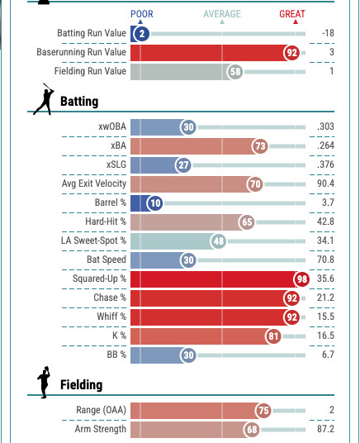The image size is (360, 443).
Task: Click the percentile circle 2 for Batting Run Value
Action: click(142, 34)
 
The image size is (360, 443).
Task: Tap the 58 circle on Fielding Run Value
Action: click(235, 72)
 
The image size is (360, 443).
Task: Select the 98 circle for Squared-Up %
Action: click(301, 279)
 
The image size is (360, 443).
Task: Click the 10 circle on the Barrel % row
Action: click(155, 202)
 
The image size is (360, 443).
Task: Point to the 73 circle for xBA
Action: click(260, 146)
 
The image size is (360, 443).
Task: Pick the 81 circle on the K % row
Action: click(273, 336)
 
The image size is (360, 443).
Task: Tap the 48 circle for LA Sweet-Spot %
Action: click(219, 241)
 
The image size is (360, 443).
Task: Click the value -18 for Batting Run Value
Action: click(328, 33)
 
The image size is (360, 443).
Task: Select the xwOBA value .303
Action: click(325, 126)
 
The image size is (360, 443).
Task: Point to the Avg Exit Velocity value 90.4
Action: click(325, 183)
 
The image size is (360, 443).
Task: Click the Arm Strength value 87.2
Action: click(325, 429)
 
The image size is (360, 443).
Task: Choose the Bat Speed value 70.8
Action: click(325, 260)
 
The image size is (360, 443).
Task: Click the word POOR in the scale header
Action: click(142, 14)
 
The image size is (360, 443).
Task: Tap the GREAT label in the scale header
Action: click(292, 14)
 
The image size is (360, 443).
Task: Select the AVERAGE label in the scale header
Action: click(222, 14)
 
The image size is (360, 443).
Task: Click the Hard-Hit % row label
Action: click(106, 221)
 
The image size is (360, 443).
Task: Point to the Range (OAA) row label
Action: click(101, 410)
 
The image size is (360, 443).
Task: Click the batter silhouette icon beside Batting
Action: click(44, 99)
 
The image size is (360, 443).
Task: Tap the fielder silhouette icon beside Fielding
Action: click(44, 383)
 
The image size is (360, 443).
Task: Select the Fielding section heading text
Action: click(81, 385)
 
